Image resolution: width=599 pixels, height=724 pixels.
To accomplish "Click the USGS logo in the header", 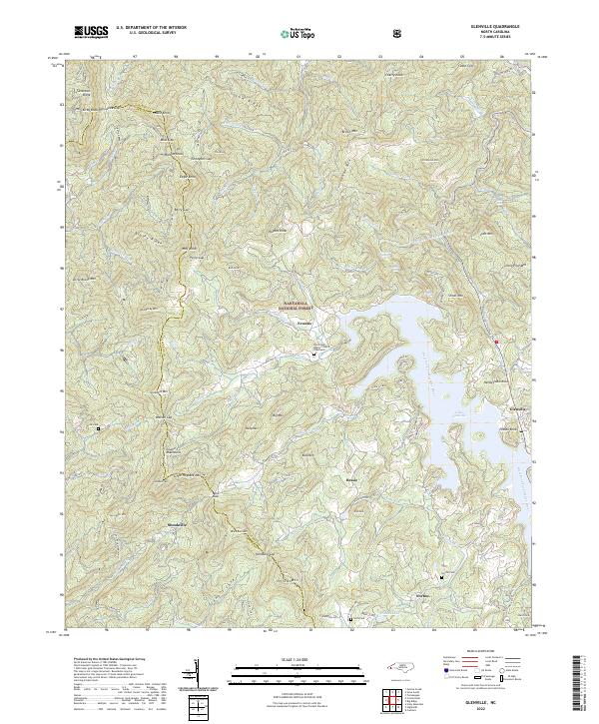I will click(x=91, y=33).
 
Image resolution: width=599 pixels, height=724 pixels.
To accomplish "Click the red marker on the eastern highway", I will click(x=495, y=341).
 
